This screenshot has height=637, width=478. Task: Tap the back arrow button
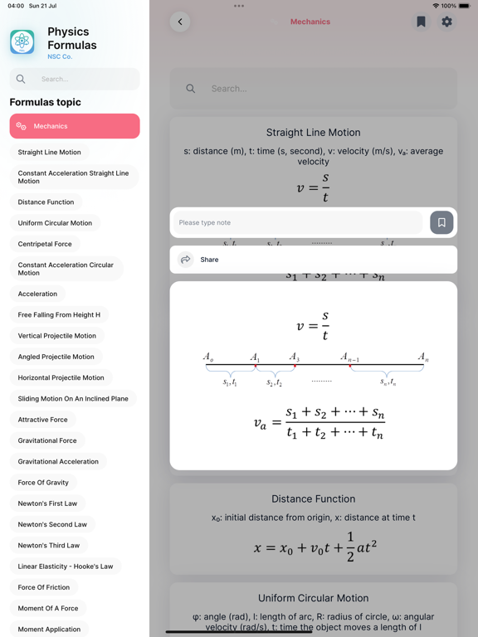coord(180,22)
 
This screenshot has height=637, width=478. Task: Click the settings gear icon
coord(446,22)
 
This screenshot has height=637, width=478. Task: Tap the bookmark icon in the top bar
coord(421,22)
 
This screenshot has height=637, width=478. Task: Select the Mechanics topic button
coord(75,126)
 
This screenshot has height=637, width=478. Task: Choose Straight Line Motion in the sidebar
coord(50,153)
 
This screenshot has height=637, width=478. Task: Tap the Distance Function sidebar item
coord(46,202)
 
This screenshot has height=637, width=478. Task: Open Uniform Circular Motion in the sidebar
coord(55,223)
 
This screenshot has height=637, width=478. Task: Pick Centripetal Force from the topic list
coord(45,244)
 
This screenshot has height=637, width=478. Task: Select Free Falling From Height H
coord(59,315)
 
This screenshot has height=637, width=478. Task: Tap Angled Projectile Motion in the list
coord(56,357)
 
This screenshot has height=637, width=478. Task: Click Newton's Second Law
coord(52,524)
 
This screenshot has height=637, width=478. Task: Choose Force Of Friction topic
coord(44,587)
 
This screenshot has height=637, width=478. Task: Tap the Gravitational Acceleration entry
coord(58,461)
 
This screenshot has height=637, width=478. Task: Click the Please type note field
coord(298,222)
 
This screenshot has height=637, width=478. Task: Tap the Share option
coord(209,260)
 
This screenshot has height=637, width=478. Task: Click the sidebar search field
coord(83,79)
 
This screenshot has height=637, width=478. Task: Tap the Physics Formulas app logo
coord(22,41)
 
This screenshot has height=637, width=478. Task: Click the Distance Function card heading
coord(313,498)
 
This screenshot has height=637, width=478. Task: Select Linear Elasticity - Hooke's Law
coord(66,566)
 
